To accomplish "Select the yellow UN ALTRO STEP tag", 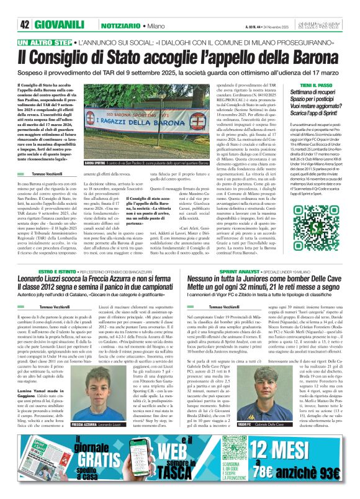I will point(44,42).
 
